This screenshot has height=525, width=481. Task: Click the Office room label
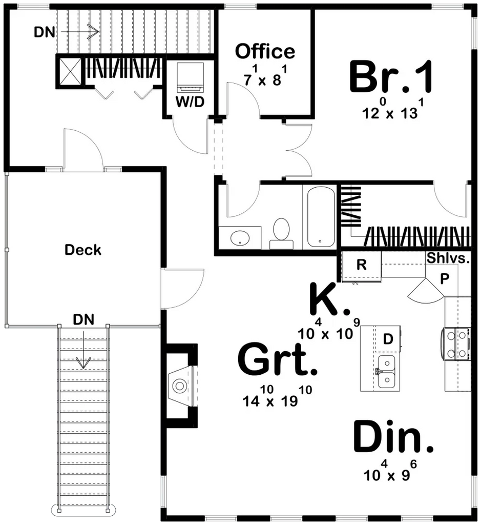(x=265, y=51)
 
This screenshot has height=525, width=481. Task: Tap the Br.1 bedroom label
(x=391, y=78)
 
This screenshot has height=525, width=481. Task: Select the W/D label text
(x=190, y=102)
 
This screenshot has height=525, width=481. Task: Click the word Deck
(x=83, y=250)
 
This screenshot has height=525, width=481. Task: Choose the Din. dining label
(x=393, y=437)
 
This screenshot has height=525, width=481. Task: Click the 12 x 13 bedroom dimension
(x=390, y=113)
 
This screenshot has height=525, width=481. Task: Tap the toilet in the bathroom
(x=281, y=231)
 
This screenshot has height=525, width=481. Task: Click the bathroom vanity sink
(x=239, y=238)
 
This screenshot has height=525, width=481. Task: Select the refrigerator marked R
(x=361, y=266)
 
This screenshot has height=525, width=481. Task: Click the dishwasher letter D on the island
(x=388, y=339)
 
